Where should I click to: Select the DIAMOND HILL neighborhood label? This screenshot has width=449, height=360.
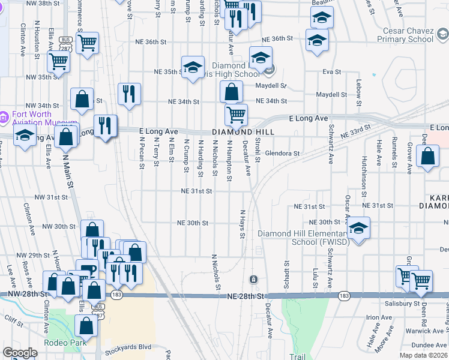pyautogui.click(x=243, y=132)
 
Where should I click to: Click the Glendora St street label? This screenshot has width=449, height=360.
pyautogui.click(x=282, y=153)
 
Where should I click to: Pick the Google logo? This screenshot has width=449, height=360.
pyautogui.click(x=20, y=353)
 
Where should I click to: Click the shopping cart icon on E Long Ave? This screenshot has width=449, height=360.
pyautogui.click(x=236, y=113)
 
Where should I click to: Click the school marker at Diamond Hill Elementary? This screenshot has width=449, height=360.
pyautogui.click(x=358, y=228)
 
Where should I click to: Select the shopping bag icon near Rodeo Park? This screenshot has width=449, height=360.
pyautogui.click(x=86, y=325)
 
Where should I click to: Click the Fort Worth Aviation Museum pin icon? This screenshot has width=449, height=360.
pyautogui.click(x=4, y=115)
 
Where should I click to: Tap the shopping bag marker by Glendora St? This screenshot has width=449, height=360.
pyautogui.click(x=427, y=157)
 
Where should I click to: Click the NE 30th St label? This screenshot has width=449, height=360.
pyautogui.click(x=193, y=223)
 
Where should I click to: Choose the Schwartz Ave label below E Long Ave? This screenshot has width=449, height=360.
pyautogui.click(x=331, y=144)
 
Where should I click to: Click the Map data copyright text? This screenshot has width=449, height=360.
pyautogui.click(x=424, y=355)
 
